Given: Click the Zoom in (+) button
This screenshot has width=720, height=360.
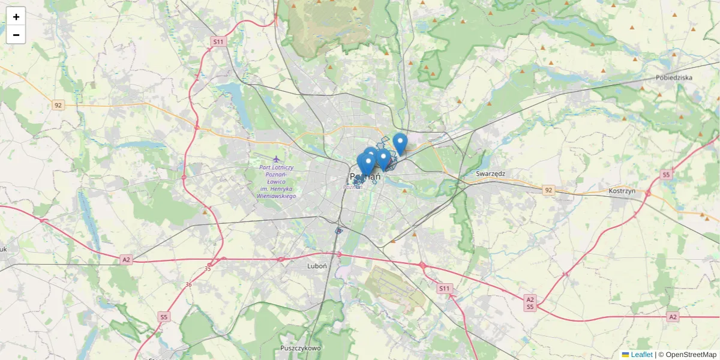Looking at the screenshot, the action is click(16, 17).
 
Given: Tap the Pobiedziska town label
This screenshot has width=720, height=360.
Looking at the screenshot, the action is click(674, 77).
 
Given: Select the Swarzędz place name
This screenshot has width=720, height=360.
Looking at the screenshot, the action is click(491, 173).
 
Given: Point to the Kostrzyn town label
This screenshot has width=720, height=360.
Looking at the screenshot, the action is click(622, 190).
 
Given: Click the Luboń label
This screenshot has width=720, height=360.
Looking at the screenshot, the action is click(316, 265).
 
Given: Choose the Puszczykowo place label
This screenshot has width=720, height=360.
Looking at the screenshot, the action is click(301, 348).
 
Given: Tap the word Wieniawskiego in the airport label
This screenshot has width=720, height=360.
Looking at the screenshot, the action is click(277, 196).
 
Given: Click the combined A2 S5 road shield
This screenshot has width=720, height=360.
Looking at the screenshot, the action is click(530, 303).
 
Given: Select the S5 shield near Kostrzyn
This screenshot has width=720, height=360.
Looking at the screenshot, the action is click(665, 175).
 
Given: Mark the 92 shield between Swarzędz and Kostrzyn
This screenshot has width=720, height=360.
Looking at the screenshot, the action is click(548, 190).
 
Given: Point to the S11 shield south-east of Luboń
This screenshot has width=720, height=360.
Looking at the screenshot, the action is click(444, 289).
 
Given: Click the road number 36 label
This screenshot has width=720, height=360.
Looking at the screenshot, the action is click(189, 284).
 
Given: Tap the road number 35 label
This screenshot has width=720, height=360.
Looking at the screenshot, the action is click(208, 268).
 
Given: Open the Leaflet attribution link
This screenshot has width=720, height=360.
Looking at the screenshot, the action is click(641, 355).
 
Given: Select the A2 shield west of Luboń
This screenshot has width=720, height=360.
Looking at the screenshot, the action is click(126, 260).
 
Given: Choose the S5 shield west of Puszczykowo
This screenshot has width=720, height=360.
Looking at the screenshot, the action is click(164, 316).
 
